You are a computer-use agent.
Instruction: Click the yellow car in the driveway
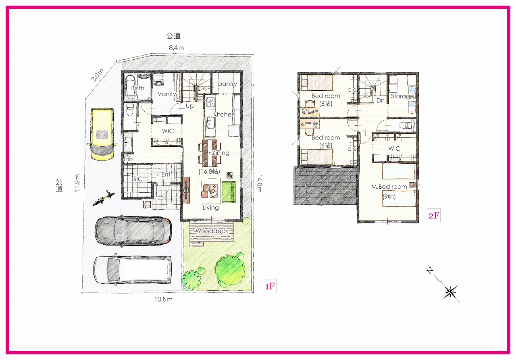point(102,134)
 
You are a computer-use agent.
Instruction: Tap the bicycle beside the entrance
point(104,198)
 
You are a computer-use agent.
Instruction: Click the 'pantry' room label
point(227,84)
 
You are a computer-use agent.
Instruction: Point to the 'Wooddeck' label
point(212,231)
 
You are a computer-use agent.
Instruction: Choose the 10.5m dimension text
point(163,299)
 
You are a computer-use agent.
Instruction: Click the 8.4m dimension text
point(176,48)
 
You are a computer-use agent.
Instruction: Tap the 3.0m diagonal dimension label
point(98,75)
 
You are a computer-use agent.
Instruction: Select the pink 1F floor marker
point(270,286)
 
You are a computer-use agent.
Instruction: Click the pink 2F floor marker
point(434,215)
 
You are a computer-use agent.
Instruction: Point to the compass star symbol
point(449,292)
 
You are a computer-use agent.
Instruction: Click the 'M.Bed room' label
point(389,187)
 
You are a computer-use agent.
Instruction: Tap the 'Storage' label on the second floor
point(402,96)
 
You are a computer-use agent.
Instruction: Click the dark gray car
point(133,230)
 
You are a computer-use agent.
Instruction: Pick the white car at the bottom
point(133,270)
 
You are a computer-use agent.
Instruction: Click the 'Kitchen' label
point(224,114)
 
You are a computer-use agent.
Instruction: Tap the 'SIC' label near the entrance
point(138,179)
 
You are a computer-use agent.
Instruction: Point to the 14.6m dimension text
point(259,183)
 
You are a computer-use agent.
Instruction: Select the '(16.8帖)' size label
point(209,171)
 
